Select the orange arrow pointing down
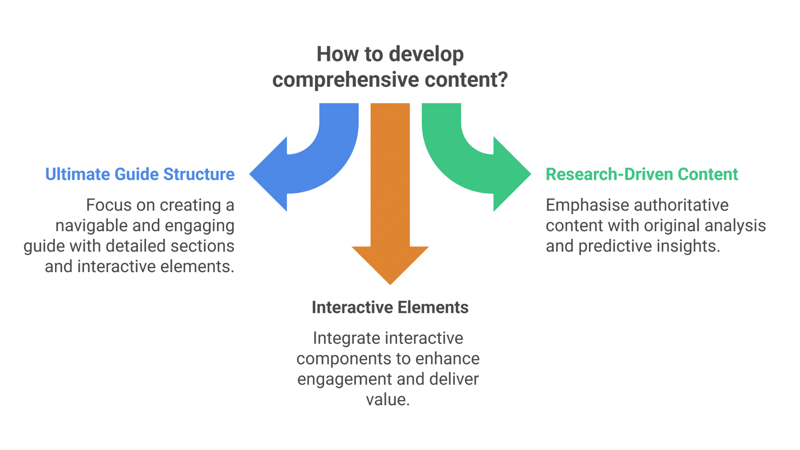[x=390, y=187]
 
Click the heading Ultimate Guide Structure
[x=140, y=174]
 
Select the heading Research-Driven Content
[x=642, y=174]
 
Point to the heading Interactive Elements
[x=390, y=307]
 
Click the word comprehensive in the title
[x=345, y=80]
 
